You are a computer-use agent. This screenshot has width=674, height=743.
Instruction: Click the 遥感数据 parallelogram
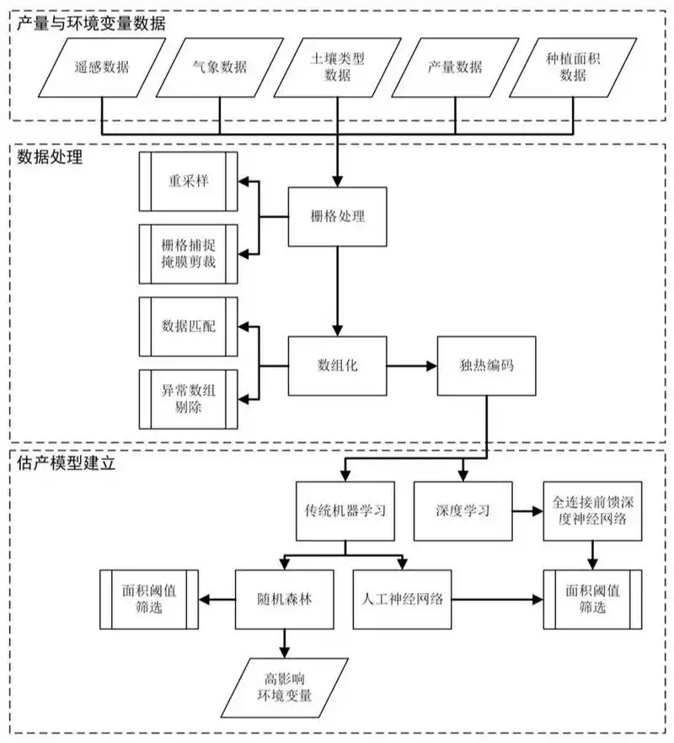(x=102, y=70)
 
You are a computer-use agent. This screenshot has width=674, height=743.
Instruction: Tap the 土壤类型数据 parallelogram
(x=337, y=70)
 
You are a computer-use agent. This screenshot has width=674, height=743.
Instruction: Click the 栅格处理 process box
(x=337, y=217)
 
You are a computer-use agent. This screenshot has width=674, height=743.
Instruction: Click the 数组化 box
(x=337, y=366)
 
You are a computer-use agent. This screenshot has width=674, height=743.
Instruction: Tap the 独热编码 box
(x=487, y=366)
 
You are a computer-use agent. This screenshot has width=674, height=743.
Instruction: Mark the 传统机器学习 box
(x=345, y=510)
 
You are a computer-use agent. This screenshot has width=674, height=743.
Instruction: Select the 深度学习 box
(x=463, y=510)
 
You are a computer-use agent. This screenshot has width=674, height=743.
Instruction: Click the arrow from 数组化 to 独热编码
(x=410, y=366)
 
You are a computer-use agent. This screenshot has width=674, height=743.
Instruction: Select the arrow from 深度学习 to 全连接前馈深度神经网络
(x=527, y=510)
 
